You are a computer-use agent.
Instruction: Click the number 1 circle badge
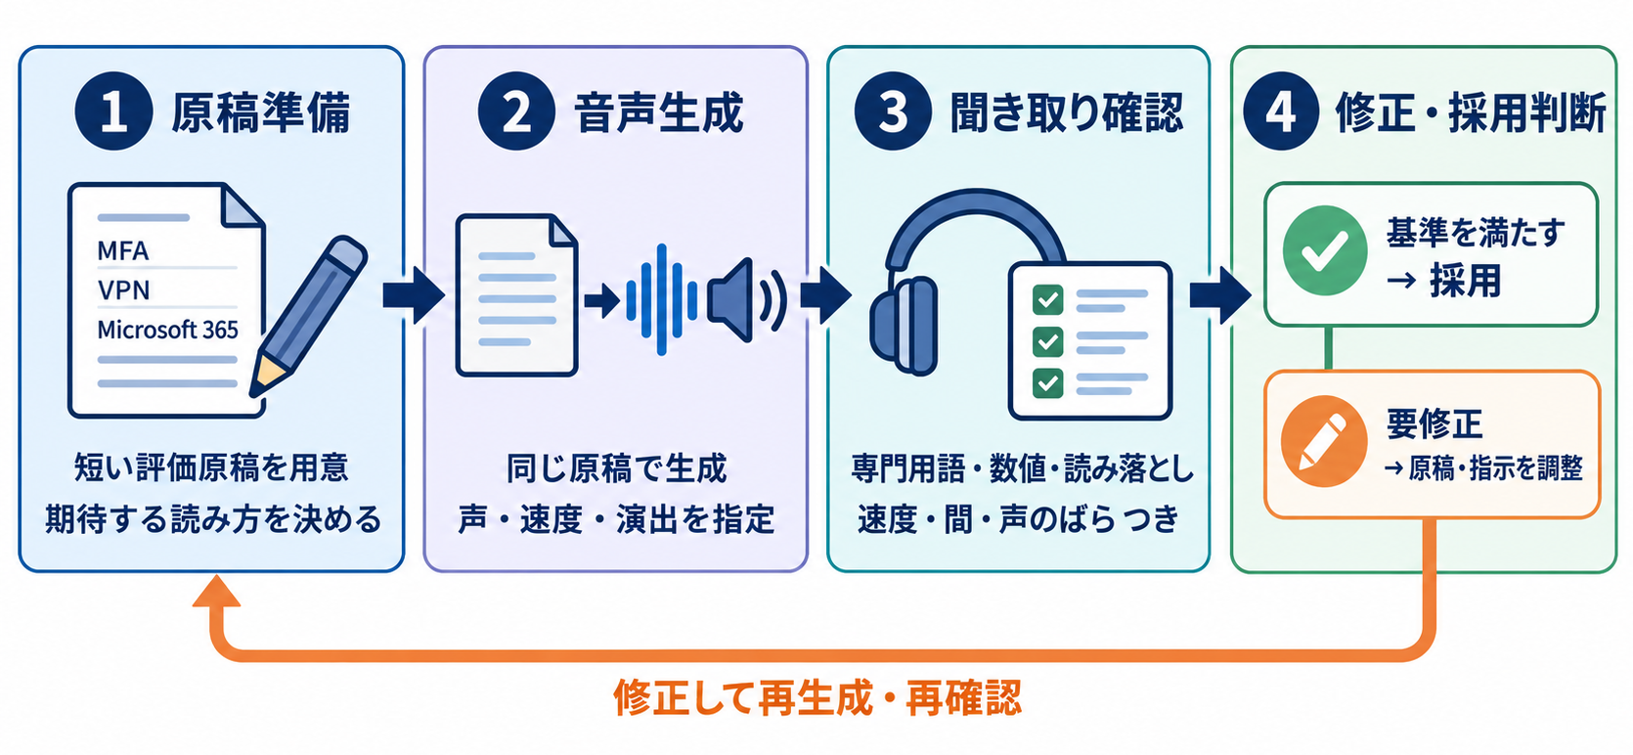point(113,111)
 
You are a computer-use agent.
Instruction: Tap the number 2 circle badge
point(516,111)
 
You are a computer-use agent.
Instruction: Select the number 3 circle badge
point(893,111)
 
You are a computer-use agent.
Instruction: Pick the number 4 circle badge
point(1281,111)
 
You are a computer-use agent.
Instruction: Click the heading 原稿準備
point(261,113)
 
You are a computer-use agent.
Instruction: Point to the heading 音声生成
point(659,113)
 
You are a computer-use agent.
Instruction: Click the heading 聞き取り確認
point(1067,113)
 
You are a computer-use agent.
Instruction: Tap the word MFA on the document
point(123,251)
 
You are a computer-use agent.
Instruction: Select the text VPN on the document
point(124,290)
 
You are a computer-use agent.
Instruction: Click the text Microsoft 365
point(167,330)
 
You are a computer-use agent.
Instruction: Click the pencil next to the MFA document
point(308,315)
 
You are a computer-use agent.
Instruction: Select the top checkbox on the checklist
point(1047,299)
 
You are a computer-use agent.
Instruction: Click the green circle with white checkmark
point(1325,250)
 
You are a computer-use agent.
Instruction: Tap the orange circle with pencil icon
point(1324,441)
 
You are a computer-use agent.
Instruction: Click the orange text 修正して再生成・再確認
point(817,697)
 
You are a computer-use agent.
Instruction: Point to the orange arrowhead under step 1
point(216,591)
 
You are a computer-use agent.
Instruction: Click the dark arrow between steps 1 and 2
point(414,294)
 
